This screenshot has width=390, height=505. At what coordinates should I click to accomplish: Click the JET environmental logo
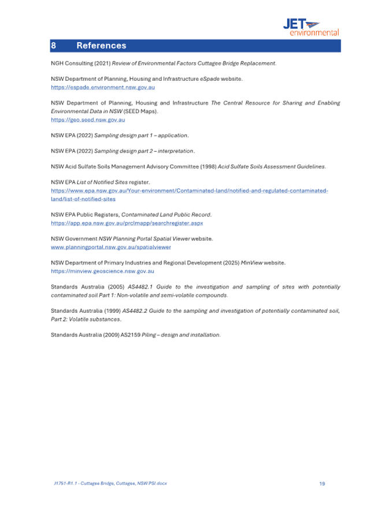[310, 27]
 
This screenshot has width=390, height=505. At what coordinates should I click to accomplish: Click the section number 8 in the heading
[53, 46]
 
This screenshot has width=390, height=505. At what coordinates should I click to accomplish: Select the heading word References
[101, 46]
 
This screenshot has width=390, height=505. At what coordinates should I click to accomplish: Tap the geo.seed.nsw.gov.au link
[88, 119]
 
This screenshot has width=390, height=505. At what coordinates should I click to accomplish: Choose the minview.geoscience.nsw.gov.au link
[102, 270]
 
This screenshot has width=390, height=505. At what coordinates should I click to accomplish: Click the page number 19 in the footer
[322, 482]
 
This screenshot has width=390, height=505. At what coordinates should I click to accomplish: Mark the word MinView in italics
[250, 263]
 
